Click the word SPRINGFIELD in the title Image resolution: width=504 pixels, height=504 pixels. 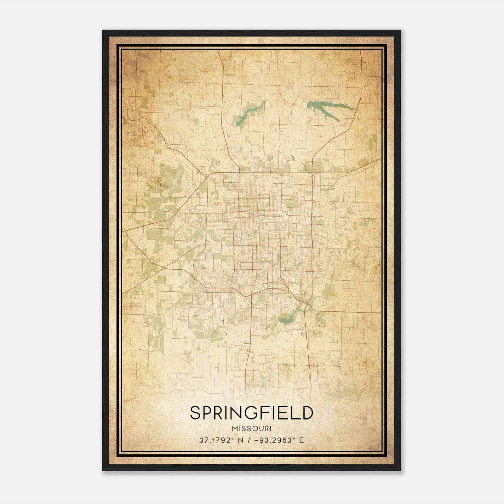(x=252, y=413)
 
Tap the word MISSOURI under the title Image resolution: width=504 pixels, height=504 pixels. (x=251, y=428)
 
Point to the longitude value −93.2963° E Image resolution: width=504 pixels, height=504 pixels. (x=277, y=440)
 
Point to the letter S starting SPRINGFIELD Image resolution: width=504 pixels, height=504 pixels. (x=195, y=413)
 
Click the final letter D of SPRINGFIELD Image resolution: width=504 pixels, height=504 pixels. (x=307, y=413)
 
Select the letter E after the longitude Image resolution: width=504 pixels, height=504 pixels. (x=302, y=440)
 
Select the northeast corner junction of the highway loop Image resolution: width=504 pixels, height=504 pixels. (x=312, y=173)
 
